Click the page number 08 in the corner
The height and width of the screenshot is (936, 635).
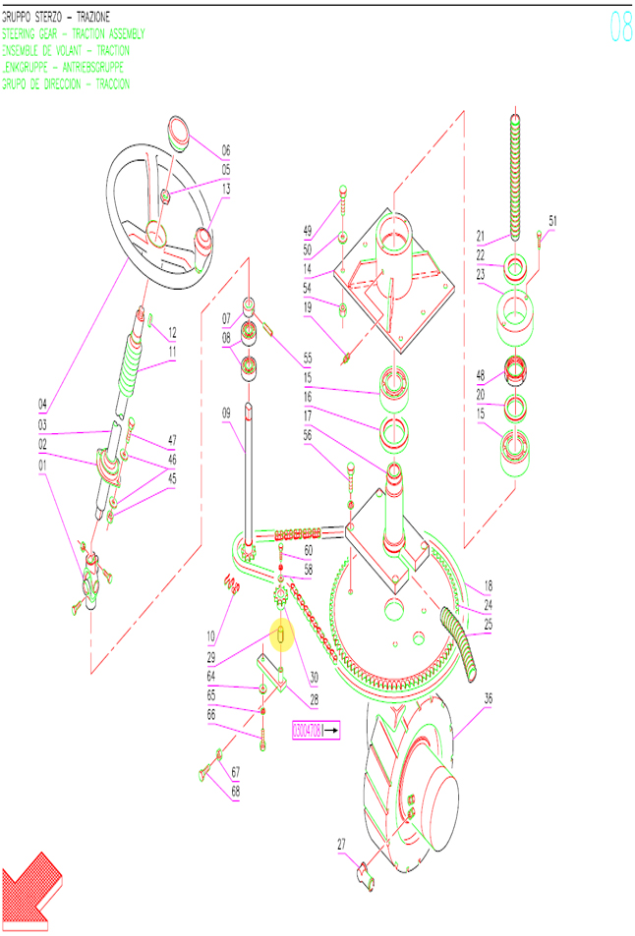click(620, 27)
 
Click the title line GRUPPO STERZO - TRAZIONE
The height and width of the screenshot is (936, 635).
click(56, 18)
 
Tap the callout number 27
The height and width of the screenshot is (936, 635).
click(341, 844)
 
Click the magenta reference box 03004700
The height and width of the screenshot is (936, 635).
click(315, 731)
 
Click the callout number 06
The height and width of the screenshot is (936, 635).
click(225, 150)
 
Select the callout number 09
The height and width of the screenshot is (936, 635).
click(226, 413)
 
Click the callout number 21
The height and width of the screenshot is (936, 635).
click(482, 236)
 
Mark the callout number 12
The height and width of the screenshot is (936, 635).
click(172, 332)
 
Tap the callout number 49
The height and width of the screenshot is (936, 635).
click(308, 231)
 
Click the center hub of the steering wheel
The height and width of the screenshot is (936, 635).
click(155, 233)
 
